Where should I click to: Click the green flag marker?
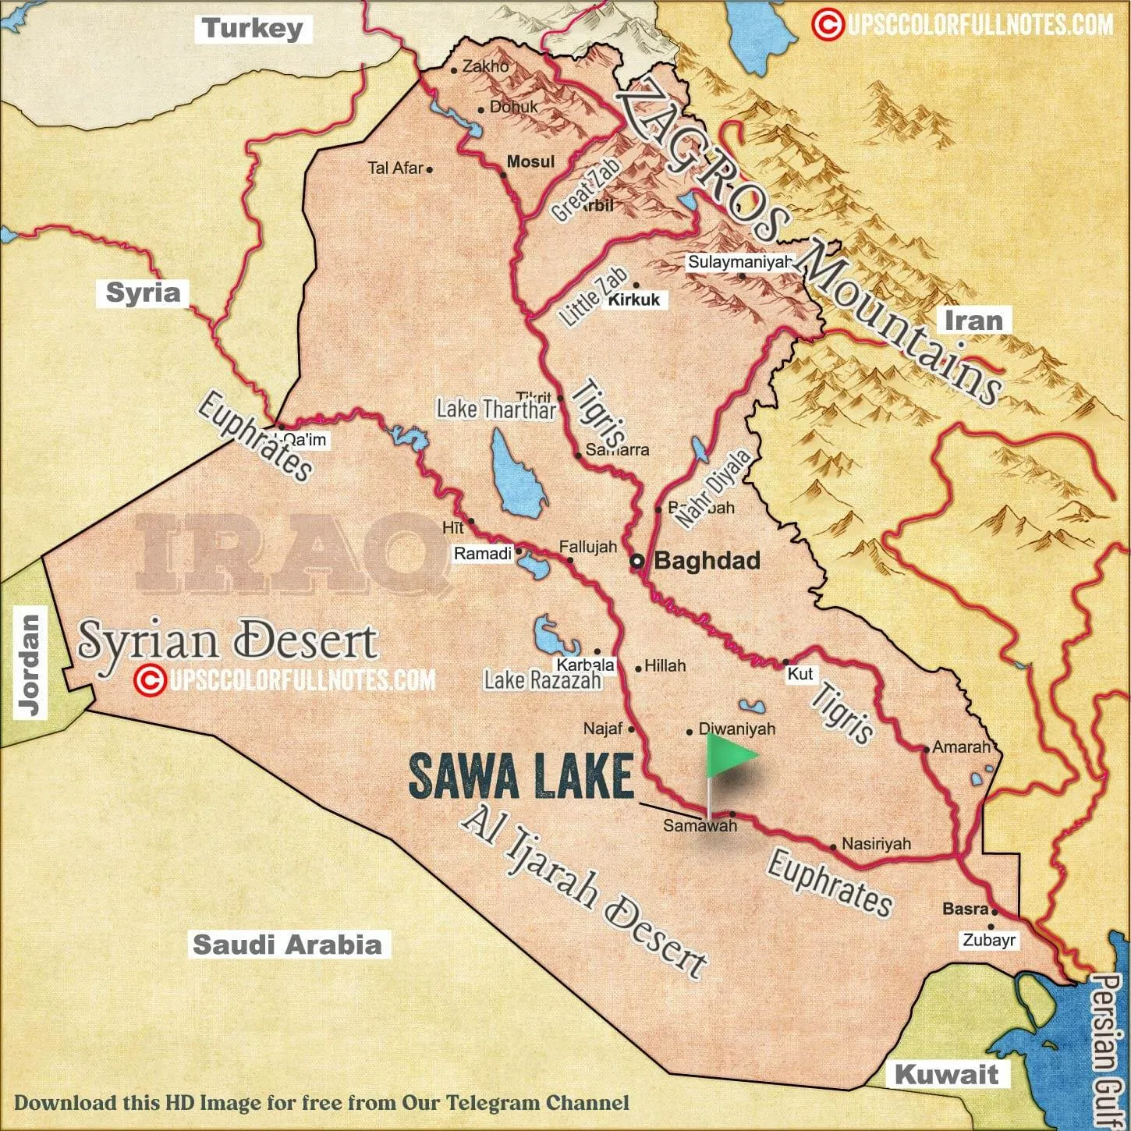tap(729, 755)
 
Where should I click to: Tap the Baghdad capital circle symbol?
tap(637, 561)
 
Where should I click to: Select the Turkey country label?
tap(252, 30)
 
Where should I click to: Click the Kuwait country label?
tap(945, 1074)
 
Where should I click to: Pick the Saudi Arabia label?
tap(288, 945)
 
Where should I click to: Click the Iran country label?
tap(973, 320)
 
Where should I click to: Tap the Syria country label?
tap(143, 292)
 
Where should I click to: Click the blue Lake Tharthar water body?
tap(516, 477)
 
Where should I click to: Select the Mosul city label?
tap(530, 161)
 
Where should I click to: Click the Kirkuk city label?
tap(634, 300)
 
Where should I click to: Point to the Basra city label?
tap(966, 909)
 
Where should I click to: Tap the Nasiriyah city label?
tap(876, 844)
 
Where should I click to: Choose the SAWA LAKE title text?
tap(520, 777)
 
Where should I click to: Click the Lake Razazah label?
tap(543, 680)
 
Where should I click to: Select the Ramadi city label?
tap(483, 553)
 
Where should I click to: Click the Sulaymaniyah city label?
tap(739, 262)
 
